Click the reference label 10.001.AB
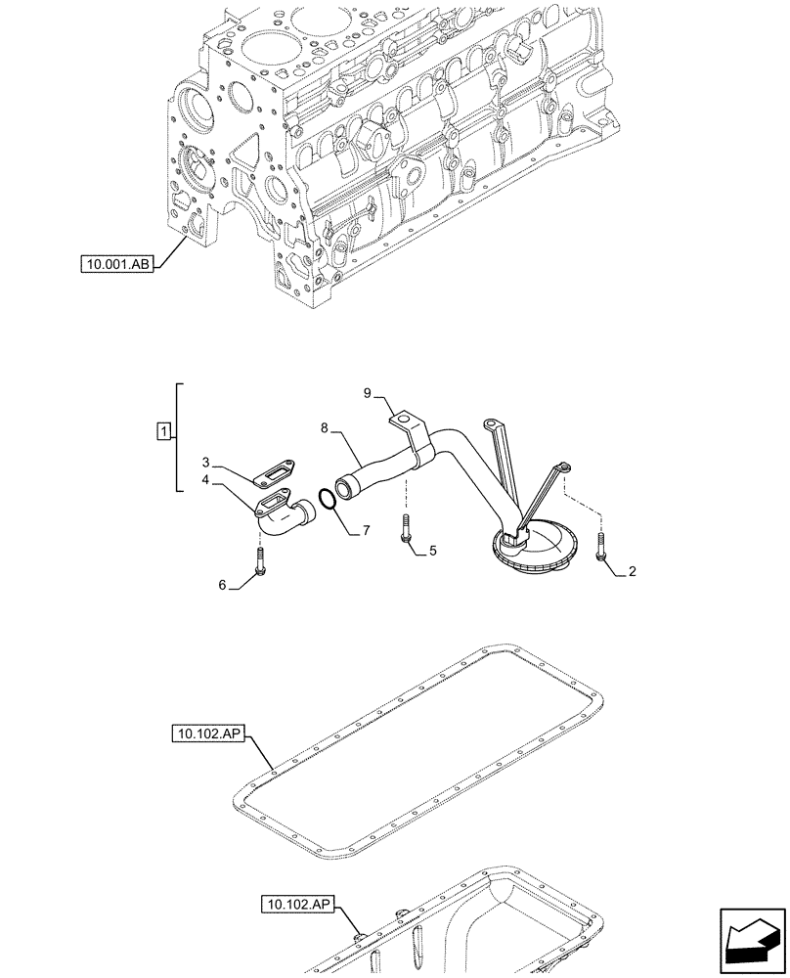[118, 264]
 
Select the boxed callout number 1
[164, 430]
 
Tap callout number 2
[633, 572]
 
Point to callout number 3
[206, 461]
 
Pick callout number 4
[206, 480]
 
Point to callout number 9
[368, 393]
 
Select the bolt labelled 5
[404, 529]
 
